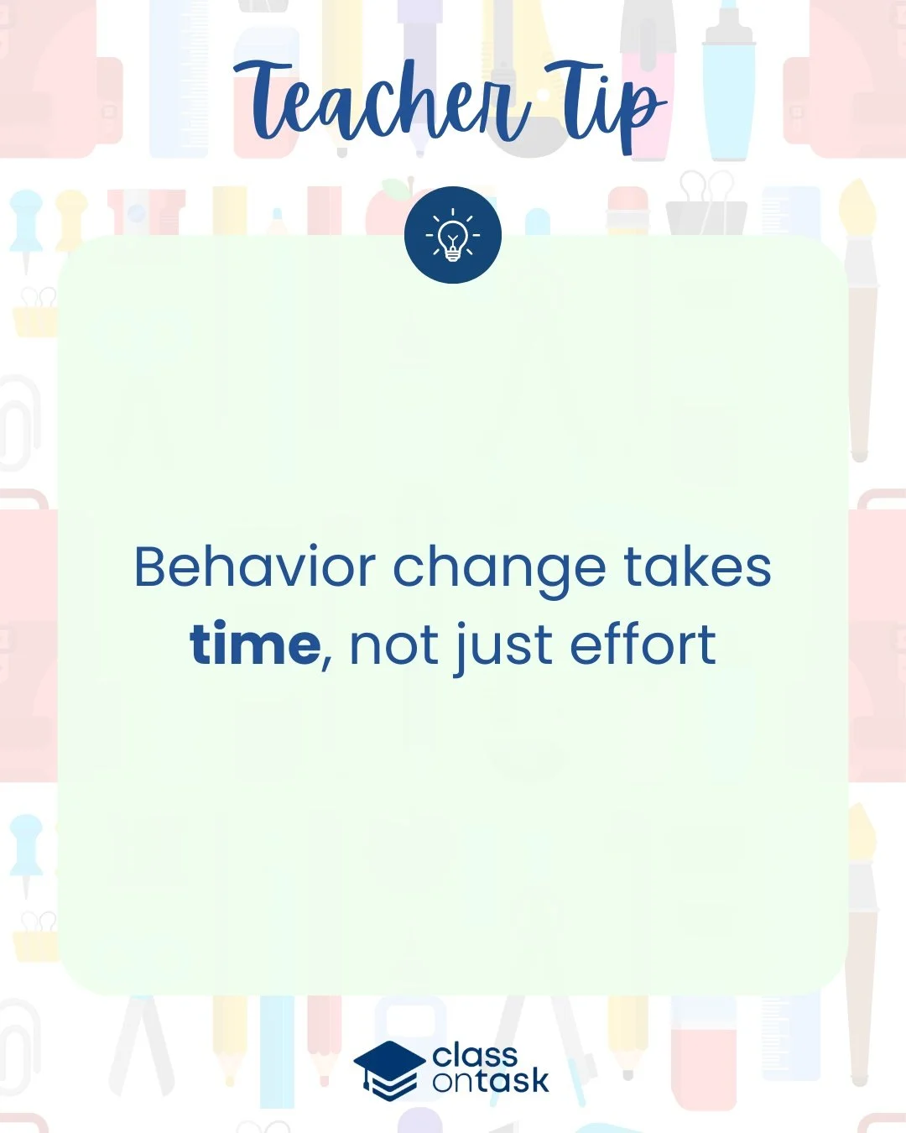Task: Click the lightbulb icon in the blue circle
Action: pyautogui.click(x=453, y=236)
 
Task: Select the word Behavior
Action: pyautogui.click(x=254, y=567)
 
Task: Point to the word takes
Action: pyautogui.click(x=697, y=567)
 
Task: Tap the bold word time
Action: pyautogui.click(x=254, y=645)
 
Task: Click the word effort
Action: pyautogui.click(x=643, y=645)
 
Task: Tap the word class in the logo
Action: pyautogui.click(x=475, y=1056)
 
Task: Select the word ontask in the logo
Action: pyautogui.click(x=491, y=1081)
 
